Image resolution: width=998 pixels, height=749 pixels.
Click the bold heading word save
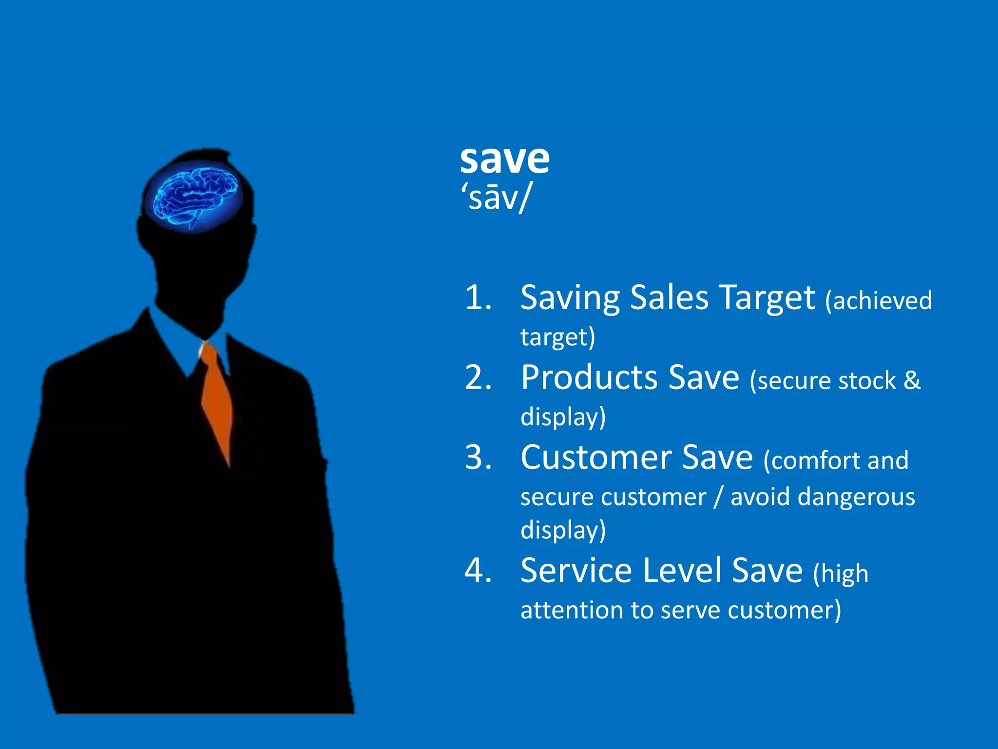tap(504, 160)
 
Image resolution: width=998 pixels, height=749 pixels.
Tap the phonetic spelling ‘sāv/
tap(496, 198)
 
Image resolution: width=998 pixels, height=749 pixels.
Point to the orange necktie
tap(216, 400)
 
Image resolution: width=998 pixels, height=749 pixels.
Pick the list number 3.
tap(478, 458)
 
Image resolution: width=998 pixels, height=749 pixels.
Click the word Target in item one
tap(767, 298)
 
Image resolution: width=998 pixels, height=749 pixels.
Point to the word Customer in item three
tap(596, 458)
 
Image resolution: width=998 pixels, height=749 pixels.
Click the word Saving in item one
tap(570, 298)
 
